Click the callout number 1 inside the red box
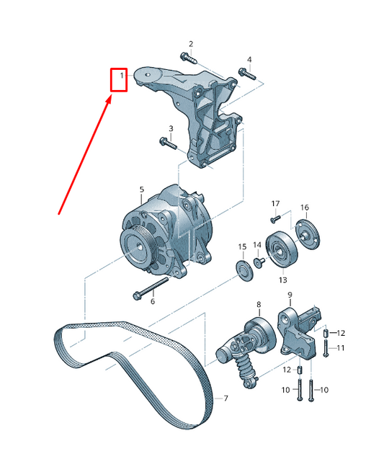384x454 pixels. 122,76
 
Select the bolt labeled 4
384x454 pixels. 247,74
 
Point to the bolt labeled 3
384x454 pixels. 168,143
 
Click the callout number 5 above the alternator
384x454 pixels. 141,190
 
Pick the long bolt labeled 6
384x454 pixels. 151,288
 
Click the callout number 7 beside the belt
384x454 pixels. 226,399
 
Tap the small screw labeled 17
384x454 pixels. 275,218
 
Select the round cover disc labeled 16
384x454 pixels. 308,234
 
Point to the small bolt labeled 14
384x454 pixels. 259,262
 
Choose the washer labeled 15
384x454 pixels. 245,271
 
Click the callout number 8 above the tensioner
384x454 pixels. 259,305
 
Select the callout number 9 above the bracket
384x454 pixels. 290,295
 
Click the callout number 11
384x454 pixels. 341,347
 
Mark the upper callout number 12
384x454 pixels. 341,333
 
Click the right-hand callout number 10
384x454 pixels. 324,390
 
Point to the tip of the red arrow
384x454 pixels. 111,97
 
